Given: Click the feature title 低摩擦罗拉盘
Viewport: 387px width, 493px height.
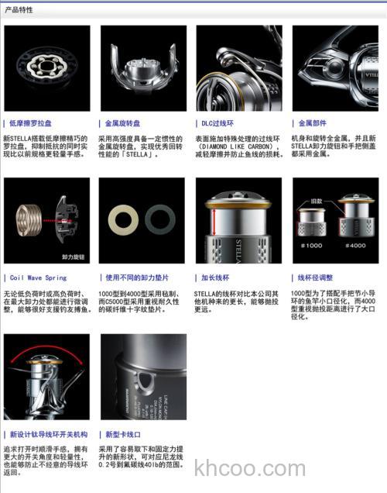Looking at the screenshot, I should [x=31, y=122].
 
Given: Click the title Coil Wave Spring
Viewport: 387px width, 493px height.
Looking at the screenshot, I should [x=39, y=278].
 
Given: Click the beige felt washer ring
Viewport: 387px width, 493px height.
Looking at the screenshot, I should [x=123, y=220].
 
